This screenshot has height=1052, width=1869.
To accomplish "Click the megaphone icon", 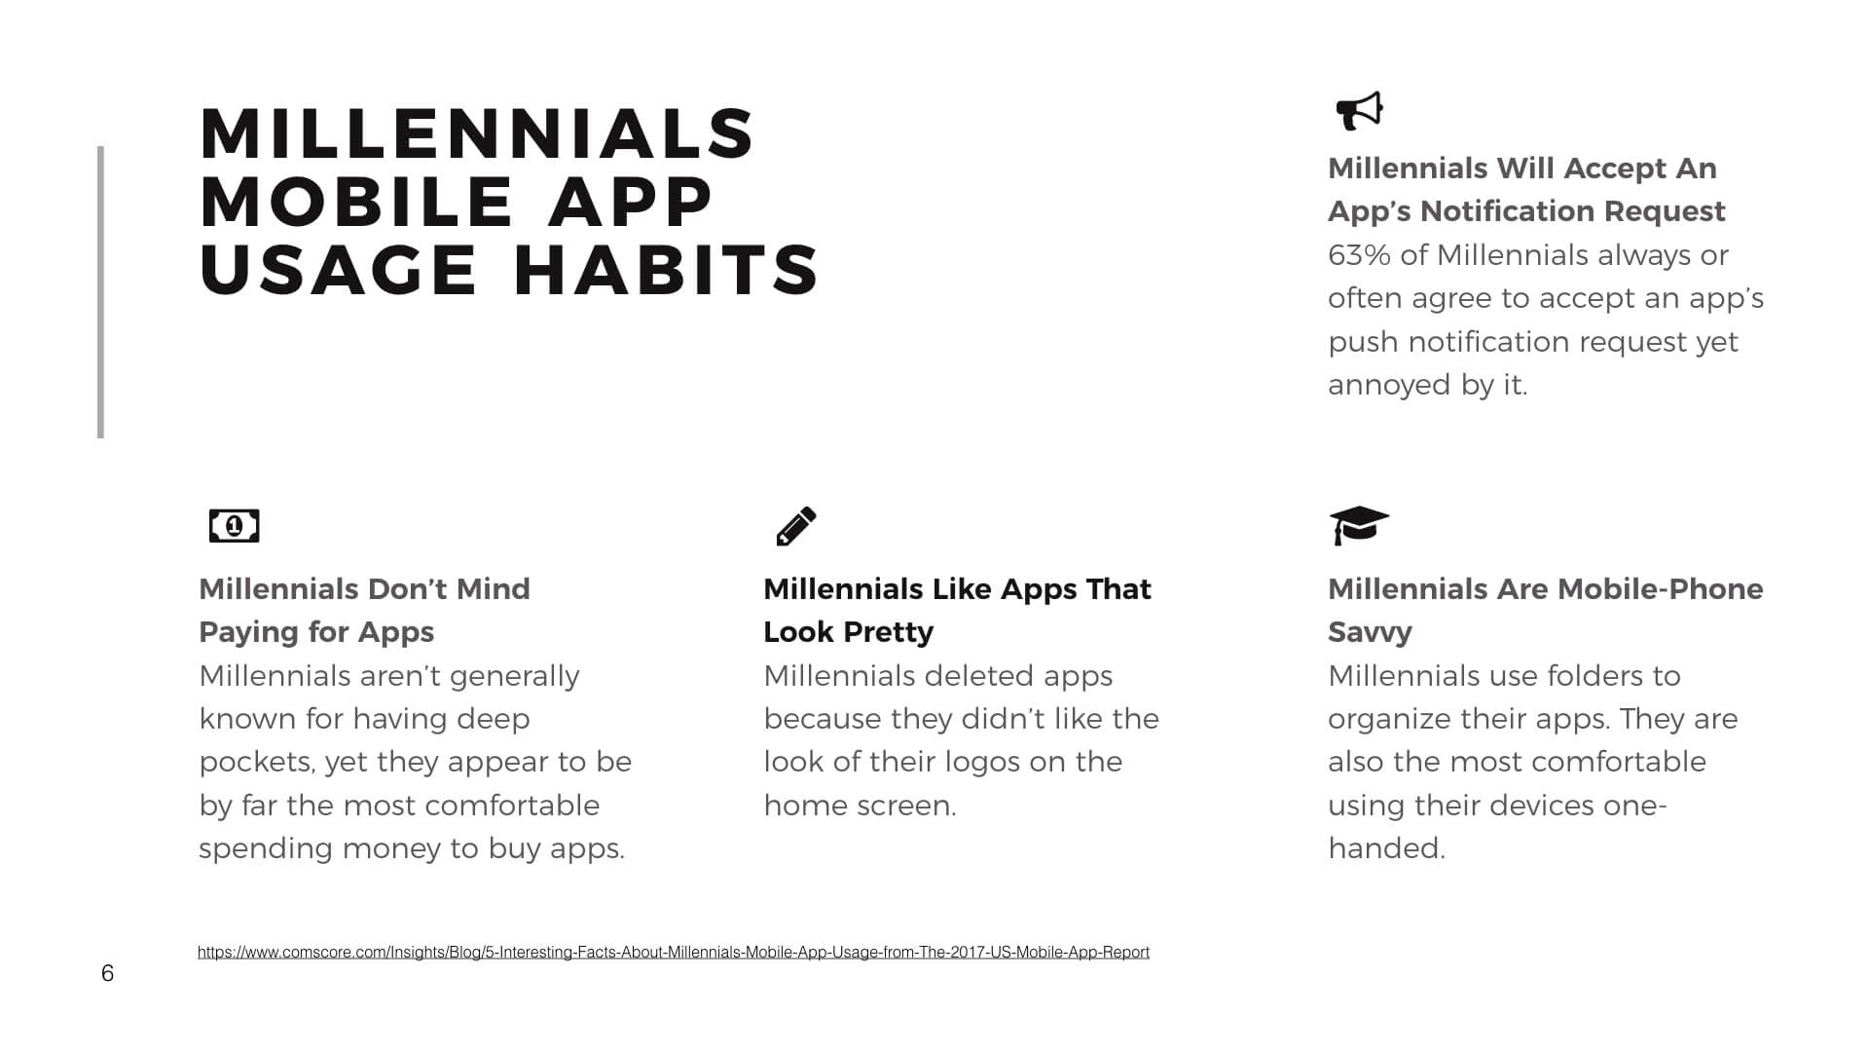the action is (1359, 111).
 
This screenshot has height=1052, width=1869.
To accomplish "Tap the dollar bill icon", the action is (234, 526).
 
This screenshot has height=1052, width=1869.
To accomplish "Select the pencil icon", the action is (796, 526).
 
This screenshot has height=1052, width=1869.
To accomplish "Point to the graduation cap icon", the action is (1359, 525).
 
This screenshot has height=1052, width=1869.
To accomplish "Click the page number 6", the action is (107, 973).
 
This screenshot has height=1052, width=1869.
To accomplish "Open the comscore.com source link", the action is (674, 952).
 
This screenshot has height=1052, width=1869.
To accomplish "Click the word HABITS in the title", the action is (667, 270).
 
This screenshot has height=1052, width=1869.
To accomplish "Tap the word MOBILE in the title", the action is (356, 202).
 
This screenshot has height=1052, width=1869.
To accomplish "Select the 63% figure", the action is (1360, 255).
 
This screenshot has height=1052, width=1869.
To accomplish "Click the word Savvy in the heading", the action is (1370, 632).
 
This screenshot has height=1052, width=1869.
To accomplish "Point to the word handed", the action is (1386, 848).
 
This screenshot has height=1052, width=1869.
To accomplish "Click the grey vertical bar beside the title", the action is (100, 292).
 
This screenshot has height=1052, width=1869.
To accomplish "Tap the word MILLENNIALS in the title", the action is (477, 133).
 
